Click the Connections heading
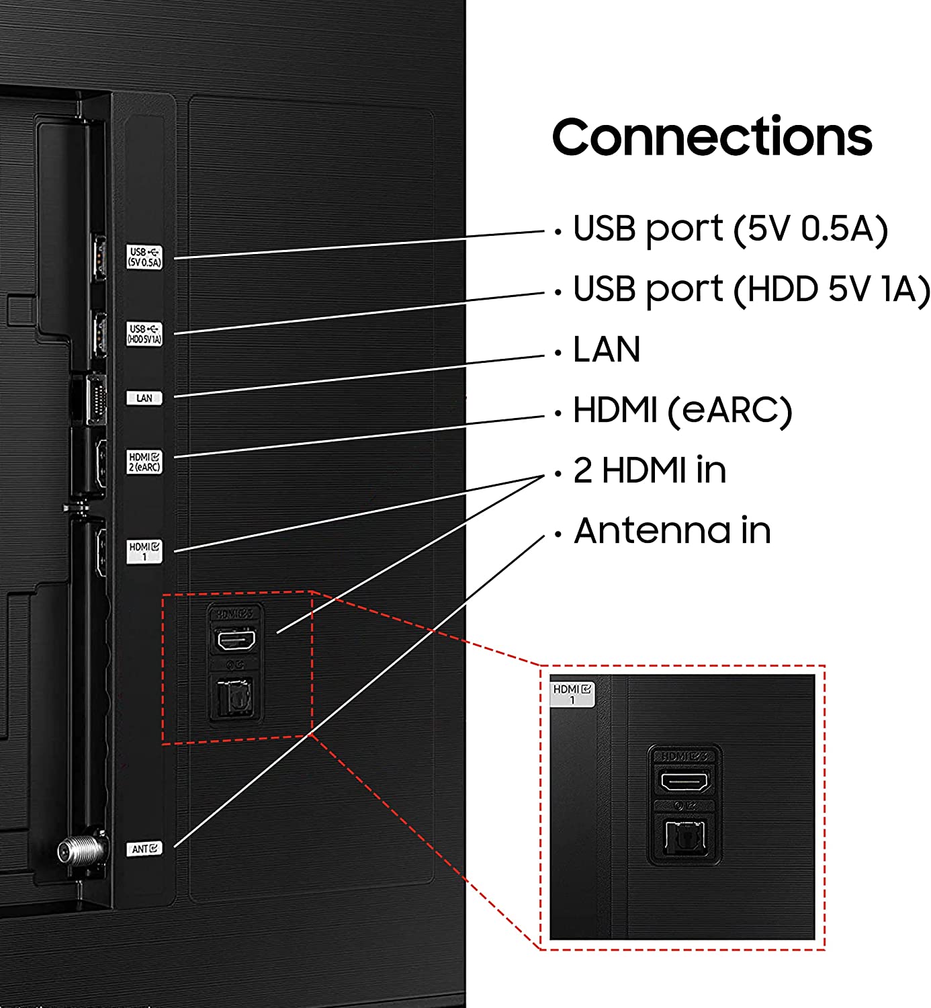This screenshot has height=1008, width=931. [711, 137]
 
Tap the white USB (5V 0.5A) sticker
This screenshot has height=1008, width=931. [144, 257]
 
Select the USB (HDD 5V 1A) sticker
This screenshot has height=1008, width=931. [144, 334]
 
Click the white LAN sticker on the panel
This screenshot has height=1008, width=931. [144, 398]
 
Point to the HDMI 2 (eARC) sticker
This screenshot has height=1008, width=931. [144, 462]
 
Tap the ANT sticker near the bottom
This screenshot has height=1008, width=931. [144, 849]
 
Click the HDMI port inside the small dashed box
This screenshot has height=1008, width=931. [234, 640]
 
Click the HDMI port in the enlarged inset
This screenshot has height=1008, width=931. [684, 782]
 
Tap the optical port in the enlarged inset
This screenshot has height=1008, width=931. [684, 837]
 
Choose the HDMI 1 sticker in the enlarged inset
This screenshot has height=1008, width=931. [572, 694]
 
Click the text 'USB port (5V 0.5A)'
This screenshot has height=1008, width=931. [730, 229]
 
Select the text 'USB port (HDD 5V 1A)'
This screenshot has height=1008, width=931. [751, 290]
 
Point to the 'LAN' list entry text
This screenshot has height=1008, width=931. [607, 349]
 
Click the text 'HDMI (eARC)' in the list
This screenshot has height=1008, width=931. [682, 410]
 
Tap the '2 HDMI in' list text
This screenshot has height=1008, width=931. [650, 470]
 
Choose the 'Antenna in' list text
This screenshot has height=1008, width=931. [672, 530]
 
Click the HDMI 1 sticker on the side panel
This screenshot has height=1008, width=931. [144, 551]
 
